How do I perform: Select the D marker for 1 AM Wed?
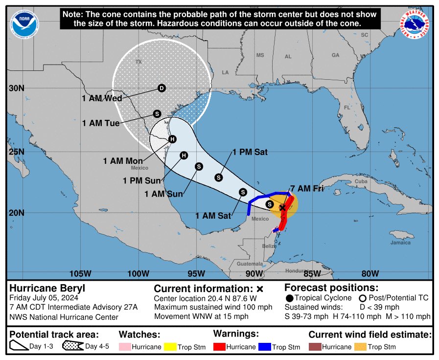point(162,88)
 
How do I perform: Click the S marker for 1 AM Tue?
point(157,113)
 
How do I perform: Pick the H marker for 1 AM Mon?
point(172,139)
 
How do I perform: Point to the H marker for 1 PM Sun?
point(184,156)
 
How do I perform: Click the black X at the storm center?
point(282,208)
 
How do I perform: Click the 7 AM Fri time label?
point(307,188)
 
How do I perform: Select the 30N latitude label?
point(17,89)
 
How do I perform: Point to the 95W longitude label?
point(196,273)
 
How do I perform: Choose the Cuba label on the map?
point(361,181)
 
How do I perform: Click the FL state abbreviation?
point(347,107)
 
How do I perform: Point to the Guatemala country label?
point(249,263)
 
